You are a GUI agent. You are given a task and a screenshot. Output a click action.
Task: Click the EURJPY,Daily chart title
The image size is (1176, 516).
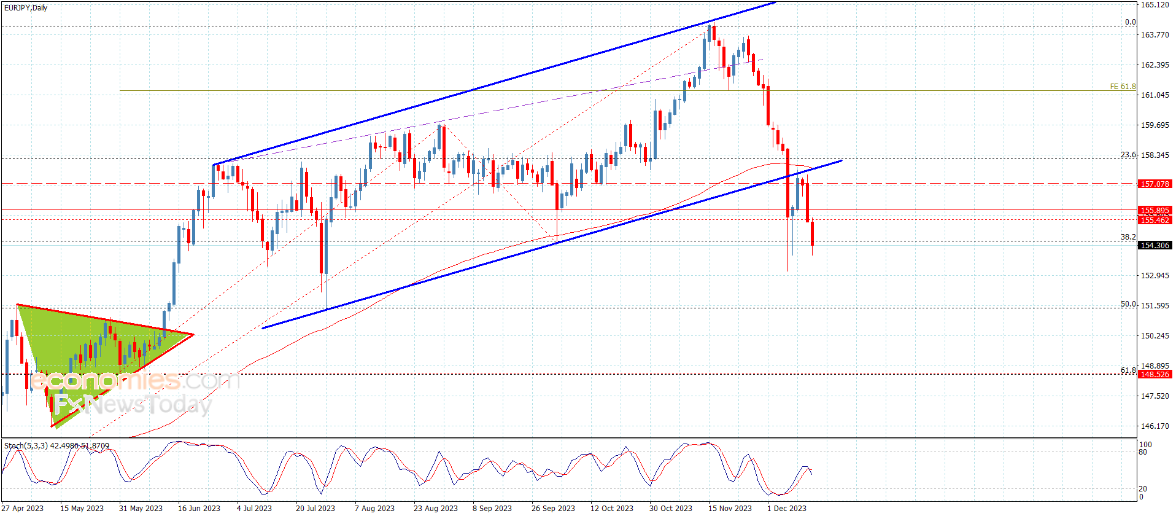pyautogui.click(x=26, y=8)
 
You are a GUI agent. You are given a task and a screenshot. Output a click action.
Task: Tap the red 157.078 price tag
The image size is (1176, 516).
pyautogui.click(x=1155, y=184)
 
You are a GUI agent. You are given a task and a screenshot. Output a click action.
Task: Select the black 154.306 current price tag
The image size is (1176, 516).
pyautogui.click(x=1155, y=245)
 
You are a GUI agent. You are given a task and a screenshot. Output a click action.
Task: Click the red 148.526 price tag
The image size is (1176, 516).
pyautogui.click(x=1155, y=374)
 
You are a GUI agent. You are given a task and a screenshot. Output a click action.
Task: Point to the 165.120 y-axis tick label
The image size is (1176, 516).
pyautogui.click(x=1155, y=5)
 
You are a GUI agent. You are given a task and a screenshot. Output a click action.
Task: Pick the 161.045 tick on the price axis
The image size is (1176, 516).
pyautogui.click(x=1155, y=95)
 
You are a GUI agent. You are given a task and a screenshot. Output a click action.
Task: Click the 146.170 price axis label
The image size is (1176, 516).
pyautogui.click(x=1155, y=426)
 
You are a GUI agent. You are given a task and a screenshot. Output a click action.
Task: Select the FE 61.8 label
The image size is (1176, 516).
pyautogui.click(x=1123, y=87)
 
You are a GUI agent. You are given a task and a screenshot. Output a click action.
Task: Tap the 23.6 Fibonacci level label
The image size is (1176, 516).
pyautogui.click(x=1128, y=155)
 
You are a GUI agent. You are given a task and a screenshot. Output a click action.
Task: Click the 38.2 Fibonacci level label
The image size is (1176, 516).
pyautogui.click(x=1128, y=237)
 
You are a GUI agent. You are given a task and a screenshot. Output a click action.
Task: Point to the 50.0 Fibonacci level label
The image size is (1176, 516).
pyautogui.click(x=1128, y=304)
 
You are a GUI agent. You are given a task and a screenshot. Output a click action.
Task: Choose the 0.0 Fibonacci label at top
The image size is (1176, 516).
pyautogui.click(x=1130, y=22)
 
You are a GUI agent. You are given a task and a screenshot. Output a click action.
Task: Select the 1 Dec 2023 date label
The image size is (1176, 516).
pyautogui.click(x=787, y=508)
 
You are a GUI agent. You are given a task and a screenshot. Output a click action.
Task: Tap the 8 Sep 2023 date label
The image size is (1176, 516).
pyautogui.click(x=492, y=508)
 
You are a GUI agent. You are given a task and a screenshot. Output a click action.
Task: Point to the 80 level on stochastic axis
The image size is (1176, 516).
pyautogui.click(x=1143, y=452)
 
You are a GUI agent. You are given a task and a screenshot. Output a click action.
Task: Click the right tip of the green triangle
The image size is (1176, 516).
pyautogui.click(x=193, y=335)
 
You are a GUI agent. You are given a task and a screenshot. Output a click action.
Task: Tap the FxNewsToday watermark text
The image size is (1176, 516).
pyautogui.click(x=133, y=405)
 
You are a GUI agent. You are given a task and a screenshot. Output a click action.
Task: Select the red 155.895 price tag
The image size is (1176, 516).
pyautogui.click(x=1155, y=210)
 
